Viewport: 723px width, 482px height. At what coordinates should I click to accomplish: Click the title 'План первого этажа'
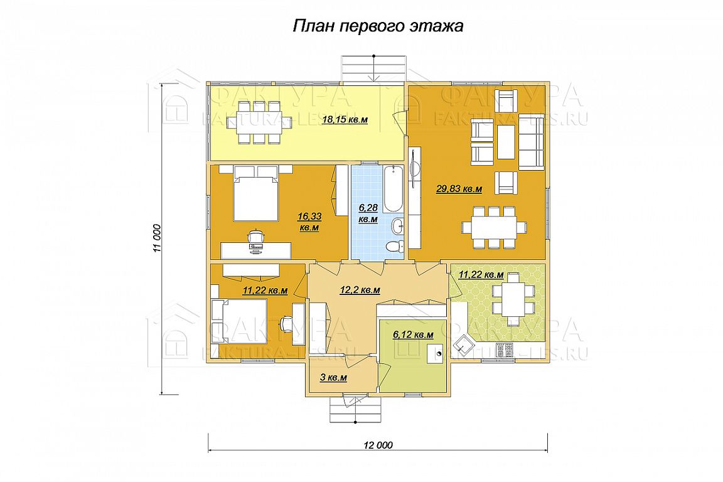378,26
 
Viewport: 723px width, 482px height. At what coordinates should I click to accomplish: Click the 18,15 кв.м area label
345,120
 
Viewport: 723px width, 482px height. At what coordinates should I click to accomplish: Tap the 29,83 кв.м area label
459,189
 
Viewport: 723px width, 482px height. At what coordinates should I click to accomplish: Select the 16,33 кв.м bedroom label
309,222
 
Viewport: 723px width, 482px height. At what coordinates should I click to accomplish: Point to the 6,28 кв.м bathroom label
368,214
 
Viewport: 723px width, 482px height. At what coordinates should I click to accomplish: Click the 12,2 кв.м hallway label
360,290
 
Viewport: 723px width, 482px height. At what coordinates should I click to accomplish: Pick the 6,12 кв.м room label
413,335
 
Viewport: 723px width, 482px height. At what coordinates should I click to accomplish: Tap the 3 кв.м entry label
333,378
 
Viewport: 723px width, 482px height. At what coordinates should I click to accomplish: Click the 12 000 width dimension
378,445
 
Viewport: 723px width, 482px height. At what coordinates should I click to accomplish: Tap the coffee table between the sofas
506,142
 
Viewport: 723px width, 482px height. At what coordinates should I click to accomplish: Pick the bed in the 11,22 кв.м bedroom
239,321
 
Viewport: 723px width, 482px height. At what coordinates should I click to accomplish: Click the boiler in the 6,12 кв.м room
436,354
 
